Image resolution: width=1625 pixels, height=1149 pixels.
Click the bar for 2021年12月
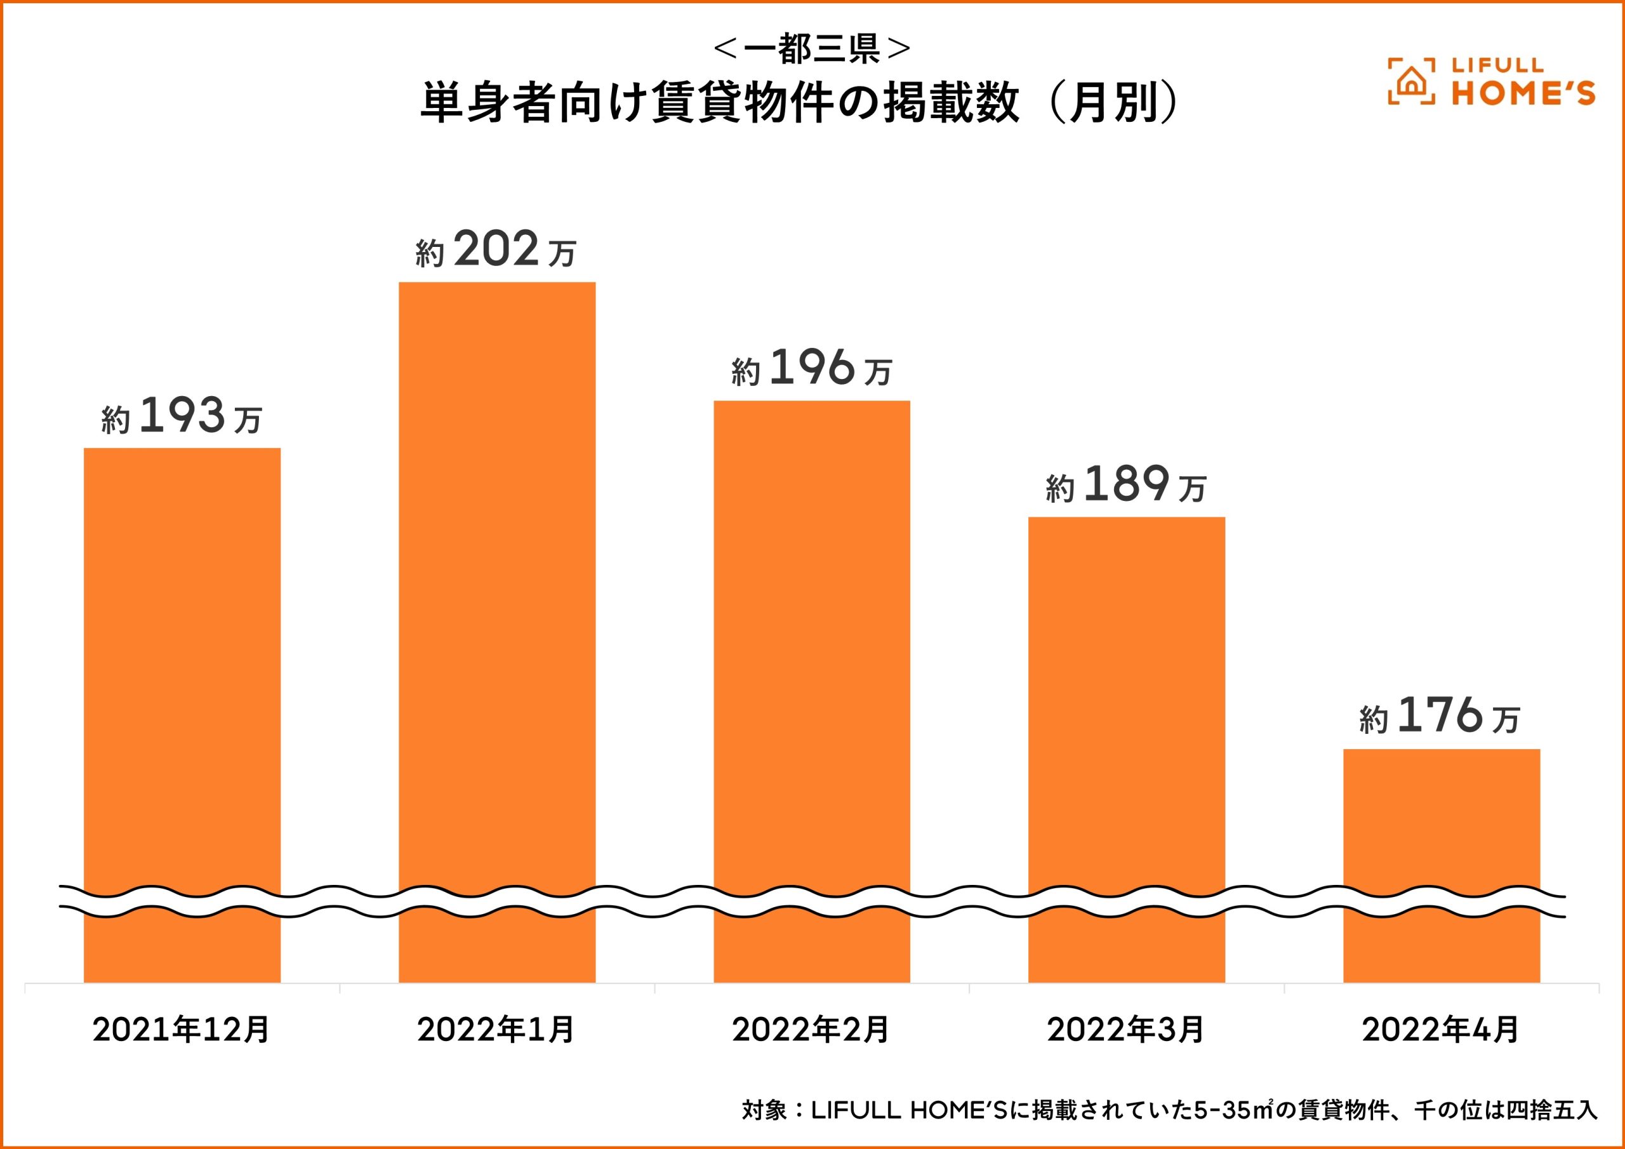(x=182, y=665)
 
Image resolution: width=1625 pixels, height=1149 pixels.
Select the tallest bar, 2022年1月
(x=497, y=580)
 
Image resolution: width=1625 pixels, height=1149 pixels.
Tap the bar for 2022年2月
(x=812, y=637)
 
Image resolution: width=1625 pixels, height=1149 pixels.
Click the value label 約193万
(x=182, y=417)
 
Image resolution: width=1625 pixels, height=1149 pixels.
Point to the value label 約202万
(x=497, y=251)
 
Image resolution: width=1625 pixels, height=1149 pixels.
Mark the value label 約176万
(x=1440, y=717)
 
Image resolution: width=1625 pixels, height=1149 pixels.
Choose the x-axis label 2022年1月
(x=496, y=1030)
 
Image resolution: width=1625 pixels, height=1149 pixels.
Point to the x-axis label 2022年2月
(x=811, y=1030)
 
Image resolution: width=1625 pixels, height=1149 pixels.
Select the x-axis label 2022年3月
(x=1126, y=1030)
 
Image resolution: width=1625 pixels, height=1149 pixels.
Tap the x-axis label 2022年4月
(x=1441, y=1030)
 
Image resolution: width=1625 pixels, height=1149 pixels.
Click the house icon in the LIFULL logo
(x=1410, y=82)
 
